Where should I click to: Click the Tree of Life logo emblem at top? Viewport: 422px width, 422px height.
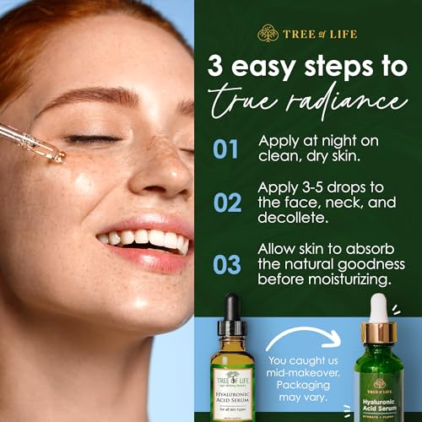[268, 33]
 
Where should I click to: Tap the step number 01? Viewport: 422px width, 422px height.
[225, 149]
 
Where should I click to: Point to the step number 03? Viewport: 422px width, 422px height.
[225, 263]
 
